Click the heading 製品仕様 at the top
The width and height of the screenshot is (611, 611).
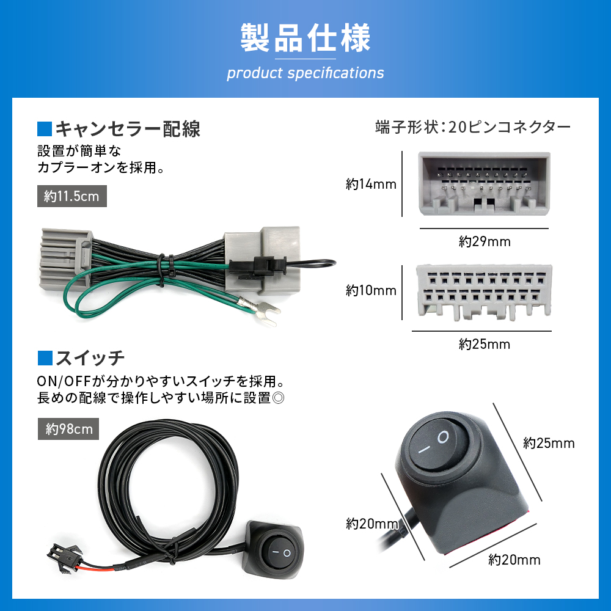(x=305, y=38)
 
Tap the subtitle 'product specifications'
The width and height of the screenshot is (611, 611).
(x=305, y=73)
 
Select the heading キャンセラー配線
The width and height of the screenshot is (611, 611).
(x=128, y=129)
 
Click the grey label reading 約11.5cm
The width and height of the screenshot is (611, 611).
(x=72, y=197)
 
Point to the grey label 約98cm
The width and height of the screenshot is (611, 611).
(x=69, y=429)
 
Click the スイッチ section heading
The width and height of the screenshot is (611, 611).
(x=90, y=357)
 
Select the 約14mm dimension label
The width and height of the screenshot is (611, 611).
(x=371, y=184)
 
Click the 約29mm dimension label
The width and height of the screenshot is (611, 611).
(x=485, y=241)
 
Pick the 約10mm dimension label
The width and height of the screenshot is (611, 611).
(x=371, y=290)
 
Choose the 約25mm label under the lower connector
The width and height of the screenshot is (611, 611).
(x=485, y=344)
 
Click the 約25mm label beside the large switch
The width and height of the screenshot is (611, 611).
(x=549, y=443)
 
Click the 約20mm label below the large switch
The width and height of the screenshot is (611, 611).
(x=514, y=559)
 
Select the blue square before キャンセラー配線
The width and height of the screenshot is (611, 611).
(x=45, y=129)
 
